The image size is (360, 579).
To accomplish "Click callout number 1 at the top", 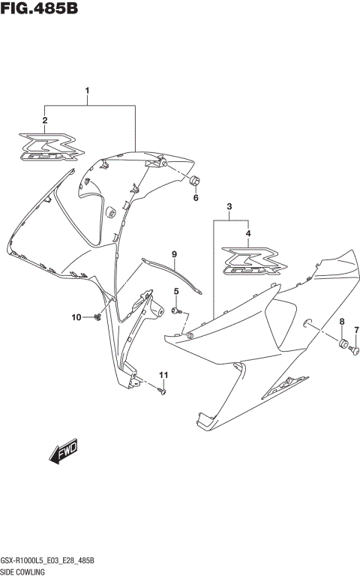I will pyautogui.click(x=88, y=92).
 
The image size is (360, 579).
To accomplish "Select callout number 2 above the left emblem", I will pyautogui.click(x=45, y=120).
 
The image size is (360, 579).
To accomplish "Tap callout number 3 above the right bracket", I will pyautogui.click(x=229, y=206).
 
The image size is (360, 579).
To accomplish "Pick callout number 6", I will pyautogui.click(x=196, y=198).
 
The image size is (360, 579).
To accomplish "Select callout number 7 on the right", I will pyautogui.click(x=356, y=331).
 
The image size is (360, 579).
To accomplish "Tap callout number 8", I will pyautogui.click(x=341, y=322).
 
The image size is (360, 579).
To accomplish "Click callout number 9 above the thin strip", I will pyautogui.click(x=173, y=254).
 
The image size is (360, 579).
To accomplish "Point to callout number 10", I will pyautogui.click(x=76, y=318).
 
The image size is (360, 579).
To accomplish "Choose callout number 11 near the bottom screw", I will pyautogui.click(x=163, y=374).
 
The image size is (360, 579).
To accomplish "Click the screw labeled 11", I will pyautogui.click(x=163, y=390).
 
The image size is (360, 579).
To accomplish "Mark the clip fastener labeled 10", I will pyautogui.click(x=98, y=319).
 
